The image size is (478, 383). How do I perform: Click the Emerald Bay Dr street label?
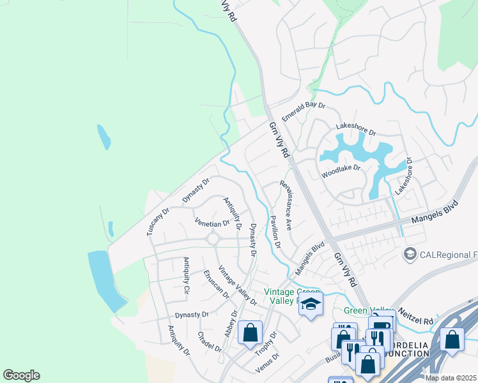coord(304,113)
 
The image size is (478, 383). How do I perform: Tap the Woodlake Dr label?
coord(341,169)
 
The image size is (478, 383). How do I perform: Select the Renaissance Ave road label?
coord(286,205)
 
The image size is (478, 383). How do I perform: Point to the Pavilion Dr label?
coord(275,230)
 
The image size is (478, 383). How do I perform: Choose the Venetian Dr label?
coord(212,223)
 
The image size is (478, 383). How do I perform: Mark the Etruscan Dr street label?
coord(215,283)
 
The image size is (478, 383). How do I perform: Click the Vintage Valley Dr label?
coord(237,285)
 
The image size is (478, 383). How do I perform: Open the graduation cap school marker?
coord(311,304)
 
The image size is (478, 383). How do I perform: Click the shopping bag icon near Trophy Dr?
coord(250,332)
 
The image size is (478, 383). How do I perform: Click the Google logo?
coord(21,375)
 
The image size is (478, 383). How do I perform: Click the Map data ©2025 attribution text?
coord(450,378)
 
